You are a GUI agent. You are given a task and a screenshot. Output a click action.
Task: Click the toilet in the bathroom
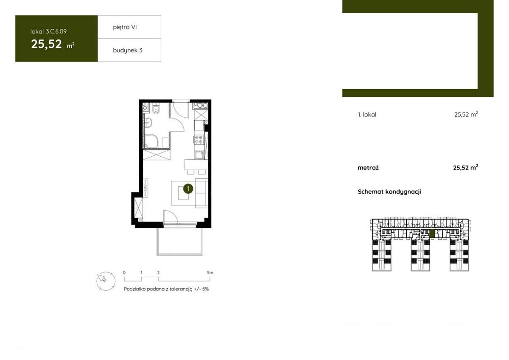click(x=156, y=109)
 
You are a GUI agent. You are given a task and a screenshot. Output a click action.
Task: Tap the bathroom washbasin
click(x=148, y=123)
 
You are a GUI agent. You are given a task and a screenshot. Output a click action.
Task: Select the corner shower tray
click(x=151, y=141)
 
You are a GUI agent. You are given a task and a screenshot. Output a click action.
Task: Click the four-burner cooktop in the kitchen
click(x=199, y=139)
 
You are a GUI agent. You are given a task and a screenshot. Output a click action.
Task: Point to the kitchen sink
click(x=199, y=155)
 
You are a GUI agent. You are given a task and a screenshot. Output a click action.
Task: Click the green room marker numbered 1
click(x=188, y=189)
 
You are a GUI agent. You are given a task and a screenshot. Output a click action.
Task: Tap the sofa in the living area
click(x=201, y=193)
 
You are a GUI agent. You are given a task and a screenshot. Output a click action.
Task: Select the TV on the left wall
click(x=145, y=187)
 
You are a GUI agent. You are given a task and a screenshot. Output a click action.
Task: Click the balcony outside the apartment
click(x=180, y=241)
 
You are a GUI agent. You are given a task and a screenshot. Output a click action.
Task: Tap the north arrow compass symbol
click(x=106, y=281)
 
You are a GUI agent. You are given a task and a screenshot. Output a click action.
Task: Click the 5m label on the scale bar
click(x=210, y=273)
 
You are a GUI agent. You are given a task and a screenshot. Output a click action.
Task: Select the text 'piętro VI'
click(x=125, y=27)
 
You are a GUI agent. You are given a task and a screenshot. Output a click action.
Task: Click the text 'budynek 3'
click(x=128, y=50)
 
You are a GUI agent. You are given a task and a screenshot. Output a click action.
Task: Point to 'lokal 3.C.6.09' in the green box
click(x=49, y=31)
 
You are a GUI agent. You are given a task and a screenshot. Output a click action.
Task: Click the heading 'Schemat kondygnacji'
click(x=389, y=192)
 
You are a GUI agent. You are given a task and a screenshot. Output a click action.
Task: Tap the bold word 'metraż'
click(x=368, y=168)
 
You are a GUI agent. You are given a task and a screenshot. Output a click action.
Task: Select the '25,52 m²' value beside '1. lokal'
click(x=466, y=114)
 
